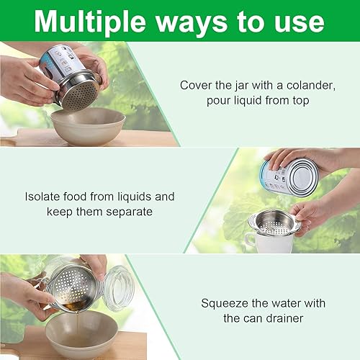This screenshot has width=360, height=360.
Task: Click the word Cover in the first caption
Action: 194,85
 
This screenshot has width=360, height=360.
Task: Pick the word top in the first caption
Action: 300,99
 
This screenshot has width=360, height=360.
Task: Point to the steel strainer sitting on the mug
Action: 273,223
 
